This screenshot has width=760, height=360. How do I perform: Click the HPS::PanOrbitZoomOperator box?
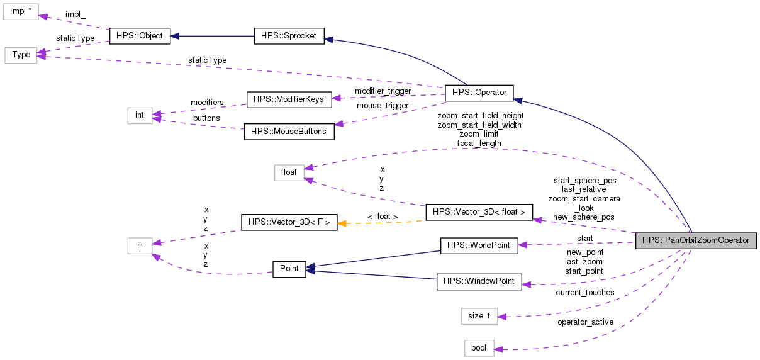695,241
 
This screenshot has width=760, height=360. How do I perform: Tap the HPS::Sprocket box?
289,36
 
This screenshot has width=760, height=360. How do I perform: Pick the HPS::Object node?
140,36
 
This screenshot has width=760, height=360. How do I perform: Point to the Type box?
21,55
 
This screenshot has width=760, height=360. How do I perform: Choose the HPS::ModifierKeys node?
288,99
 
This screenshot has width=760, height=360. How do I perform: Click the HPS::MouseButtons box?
289,132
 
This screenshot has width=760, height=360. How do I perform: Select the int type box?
140,115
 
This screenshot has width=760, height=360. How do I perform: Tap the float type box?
289,172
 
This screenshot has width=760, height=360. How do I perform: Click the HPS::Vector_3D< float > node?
479,212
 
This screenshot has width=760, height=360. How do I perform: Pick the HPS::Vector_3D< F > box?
289,222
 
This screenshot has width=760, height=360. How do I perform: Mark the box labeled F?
140,245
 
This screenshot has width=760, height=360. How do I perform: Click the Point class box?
289,269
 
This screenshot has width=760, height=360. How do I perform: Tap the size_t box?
479,315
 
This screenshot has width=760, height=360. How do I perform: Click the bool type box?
479,348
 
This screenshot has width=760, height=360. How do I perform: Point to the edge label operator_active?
584,323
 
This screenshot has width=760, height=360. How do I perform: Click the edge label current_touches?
584,292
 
